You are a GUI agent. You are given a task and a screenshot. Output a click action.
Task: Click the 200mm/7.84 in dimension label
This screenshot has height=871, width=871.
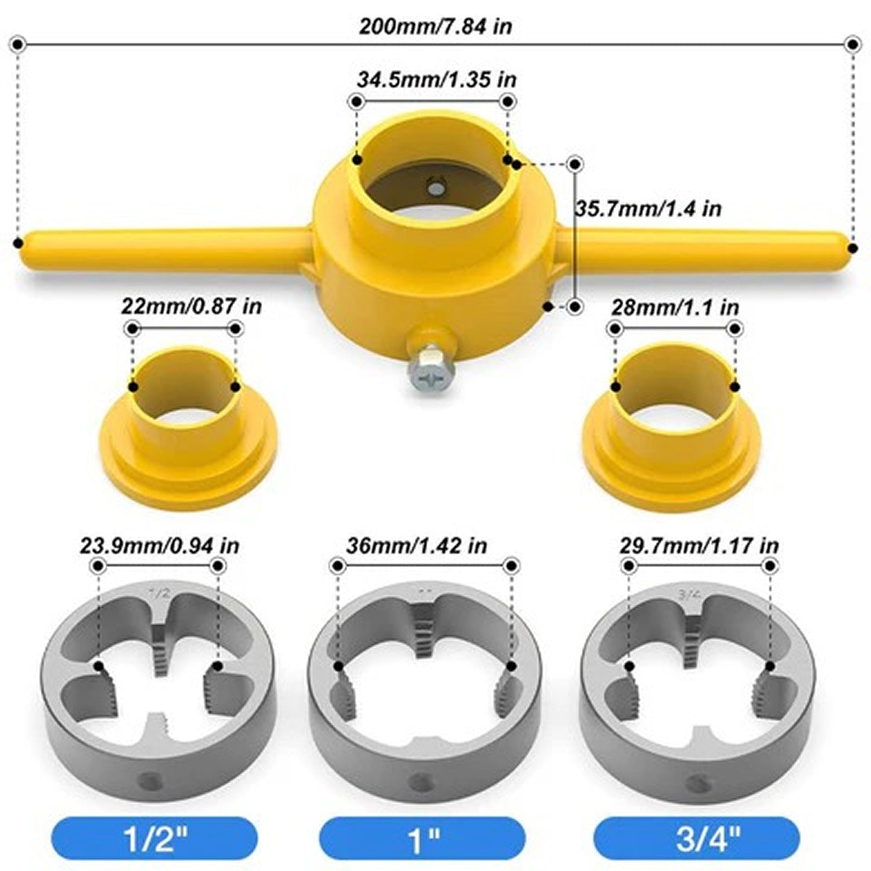coord(435,27)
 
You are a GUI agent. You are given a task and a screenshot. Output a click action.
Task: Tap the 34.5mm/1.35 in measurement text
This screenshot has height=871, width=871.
coord(436,79)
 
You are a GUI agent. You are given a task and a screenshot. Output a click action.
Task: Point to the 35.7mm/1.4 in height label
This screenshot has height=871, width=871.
coord(649,209)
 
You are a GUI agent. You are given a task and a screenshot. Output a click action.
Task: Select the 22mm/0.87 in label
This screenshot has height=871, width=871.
coord(192,306)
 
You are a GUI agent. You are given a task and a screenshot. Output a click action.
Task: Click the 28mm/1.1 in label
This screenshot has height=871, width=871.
coord(675,307)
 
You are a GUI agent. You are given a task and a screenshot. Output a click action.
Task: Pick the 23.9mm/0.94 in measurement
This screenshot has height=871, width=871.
coord(160,546)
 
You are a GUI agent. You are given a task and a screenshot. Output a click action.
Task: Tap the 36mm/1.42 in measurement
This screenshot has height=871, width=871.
coord(417,546)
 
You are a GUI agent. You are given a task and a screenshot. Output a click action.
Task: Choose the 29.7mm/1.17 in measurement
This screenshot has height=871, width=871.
coord(699,546)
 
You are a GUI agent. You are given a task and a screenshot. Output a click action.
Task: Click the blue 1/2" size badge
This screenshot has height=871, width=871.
coord(155,838)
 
